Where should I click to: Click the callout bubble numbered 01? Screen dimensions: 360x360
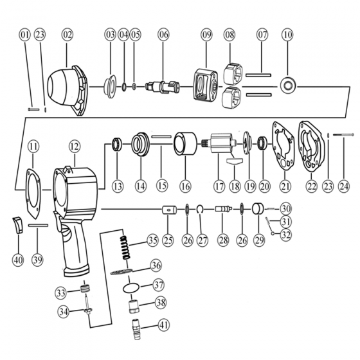pyautogui.click(x=25, y=35)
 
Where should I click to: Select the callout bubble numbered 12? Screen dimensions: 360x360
pyautogui.click(x=75, y=147)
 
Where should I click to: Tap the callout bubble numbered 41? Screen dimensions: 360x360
pyautogui.click(x=164, y=325)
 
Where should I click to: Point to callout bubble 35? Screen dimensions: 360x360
pyautogui.click(x=153, y=240)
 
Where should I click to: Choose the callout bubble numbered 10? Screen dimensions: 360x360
pyautogui.click(x=287, y=35)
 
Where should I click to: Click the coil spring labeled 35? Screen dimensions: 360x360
pyautogui.click(x=125, y=248)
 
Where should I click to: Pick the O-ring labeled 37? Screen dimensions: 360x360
pyautogui.click(x=131, y=288)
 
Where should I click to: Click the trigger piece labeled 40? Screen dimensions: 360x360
pyautogui.click(x=18, y=225)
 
